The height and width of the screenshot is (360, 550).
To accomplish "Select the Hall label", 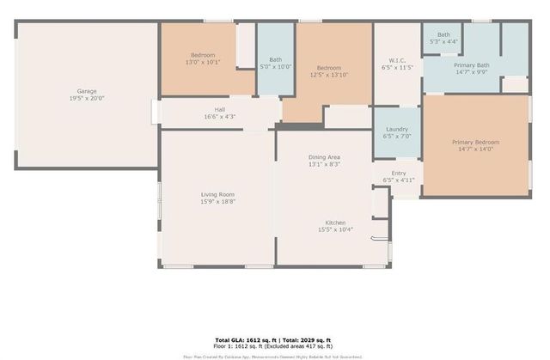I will (220, 109).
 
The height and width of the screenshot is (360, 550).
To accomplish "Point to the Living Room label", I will (217, 194).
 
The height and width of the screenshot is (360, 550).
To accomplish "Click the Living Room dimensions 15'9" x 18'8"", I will (217, 202).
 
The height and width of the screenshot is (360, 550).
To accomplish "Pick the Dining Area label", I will (325, 157).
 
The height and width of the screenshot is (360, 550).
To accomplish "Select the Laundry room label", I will (396, 128).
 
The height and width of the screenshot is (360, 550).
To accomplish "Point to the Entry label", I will (399, 173).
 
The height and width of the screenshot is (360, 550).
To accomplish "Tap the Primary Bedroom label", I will (476, 142).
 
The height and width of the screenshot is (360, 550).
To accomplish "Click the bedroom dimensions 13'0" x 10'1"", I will (203, 61).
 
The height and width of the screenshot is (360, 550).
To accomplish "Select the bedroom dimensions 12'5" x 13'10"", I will (330, 76).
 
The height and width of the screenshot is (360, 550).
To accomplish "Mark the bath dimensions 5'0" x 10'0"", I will (276, 67).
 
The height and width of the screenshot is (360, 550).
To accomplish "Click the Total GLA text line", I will (274, 340).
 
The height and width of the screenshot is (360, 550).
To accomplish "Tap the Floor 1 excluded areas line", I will (274, 347).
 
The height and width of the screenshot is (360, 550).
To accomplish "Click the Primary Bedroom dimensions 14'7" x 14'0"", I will (476, 149).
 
